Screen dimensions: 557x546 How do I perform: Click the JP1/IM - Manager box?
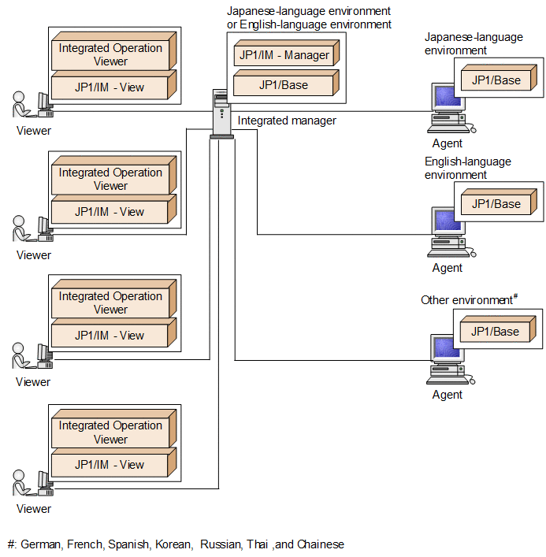click(284, 56)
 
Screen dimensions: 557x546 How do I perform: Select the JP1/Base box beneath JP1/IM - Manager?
click(284, 85)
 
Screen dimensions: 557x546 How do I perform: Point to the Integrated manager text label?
click(287, 121)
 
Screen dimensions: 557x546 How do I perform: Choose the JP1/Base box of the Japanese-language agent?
click(496, 80)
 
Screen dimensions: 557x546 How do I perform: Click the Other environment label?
click(466, 300)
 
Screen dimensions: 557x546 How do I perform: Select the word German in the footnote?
click(42, 544)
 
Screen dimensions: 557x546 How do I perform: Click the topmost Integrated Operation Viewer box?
click(110, 54)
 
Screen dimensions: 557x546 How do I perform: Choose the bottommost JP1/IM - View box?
click(110, 465)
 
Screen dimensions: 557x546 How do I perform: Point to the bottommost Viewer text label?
click(33, 509)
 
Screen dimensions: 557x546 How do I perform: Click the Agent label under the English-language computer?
click(448, 268)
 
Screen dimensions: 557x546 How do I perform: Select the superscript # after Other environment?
click(514, 296)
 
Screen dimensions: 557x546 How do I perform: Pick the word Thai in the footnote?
click(258, 544)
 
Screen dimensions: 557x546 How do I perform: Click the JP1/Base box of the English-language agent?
click(496, 204)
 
